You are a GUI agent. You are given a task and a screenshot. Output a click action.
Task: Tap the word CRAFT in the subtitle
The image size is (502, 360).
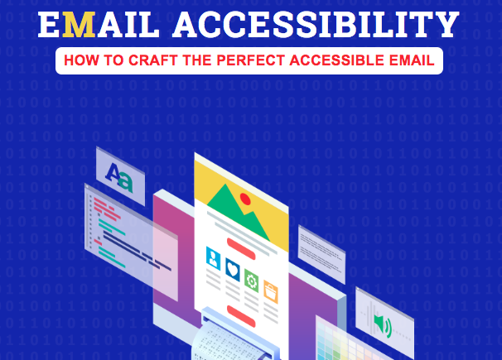coord(173,60)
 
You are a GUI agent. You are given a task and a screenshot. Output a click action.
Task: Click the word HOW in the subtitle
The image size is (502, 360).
coord(81,60)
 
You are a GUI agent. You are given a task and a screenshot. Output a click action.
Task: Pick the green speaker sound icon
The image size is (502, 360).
coord(382,320)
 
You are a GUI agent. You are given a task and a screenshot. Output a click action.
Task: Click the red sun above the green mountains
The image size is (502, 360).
coord(244,198)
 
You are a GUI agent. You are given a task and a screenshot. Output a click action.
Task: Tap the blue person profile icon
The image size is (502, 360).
coord(215,257)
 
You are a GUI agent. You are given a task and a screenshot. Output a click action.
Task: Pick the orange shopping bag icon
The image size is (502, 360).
coord(269,290)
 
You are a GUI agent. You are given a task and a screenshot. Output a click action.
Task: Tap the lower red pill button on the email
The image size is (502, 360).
coord(242,314)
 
